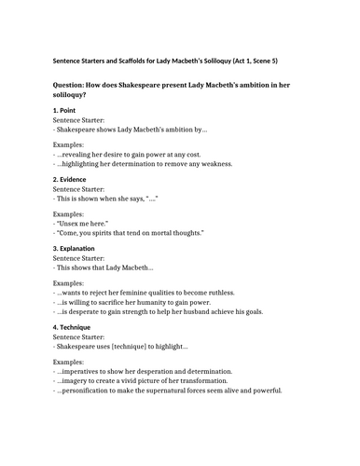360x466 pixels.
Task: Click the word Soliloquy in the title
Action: point(222,61)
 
